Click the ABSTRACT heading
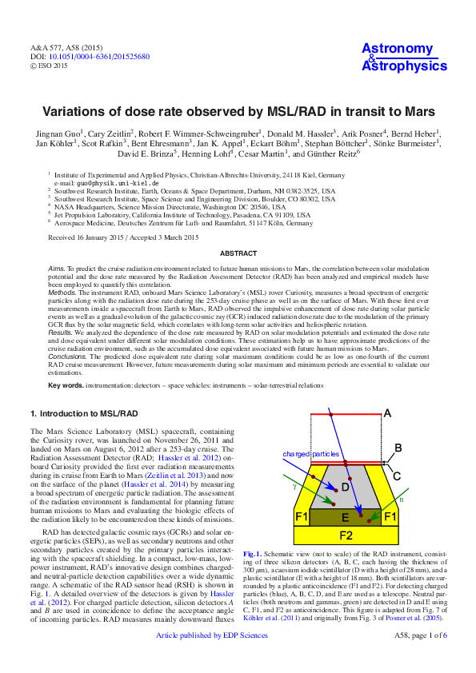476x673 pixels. [x=238, y=253]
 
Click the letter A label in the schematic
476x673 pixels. [x=387, y=413]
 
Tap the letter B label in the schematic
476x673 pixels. [x=398, y=448]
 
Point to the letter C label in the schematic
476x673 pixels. [x=397, y=475]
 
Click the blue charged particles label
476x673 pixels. [x=311, y=454]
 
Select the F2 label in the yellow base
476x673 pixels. [x=346, y=535]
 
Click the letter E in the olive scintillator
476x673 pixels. [x=345, y=517]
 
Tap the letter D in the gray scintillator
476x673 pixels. [x=345, y=487]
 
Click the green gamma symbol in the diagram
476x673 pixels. [x=294, y=485]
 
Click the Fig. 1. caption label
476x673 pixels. [x=252, y=553]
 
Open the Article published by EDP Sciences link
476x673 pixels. [x=212, y=658]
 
